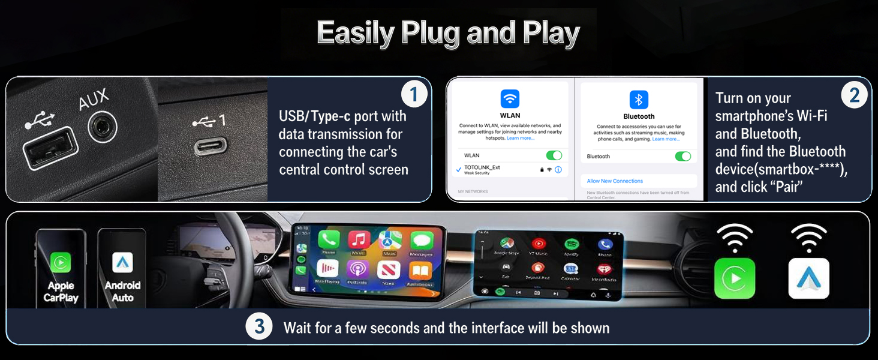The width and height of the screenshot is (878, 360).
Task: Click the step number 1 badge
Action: pos(414,94)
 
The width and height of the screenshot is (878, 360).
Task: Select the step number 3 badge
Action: pos(259,327)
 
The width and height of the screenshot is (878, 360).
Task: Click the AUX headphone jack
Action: pos(103,127)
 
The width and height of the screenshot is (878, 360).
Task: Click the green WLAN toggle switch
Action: pos(554,155)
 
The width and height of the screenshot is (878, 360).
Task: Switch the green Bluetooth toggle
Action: pos(682,156)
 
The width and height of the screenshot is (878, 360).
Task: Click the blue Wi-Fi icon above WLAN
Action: pos(510,98)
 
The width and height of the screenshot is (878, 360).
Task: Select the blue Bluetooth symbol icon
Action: pos(639,99)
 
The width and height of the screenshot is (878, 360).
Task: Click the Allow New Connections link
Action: pos(615,181)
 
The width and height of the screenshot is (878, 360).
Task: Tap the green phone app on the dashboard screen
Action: pos(329,241)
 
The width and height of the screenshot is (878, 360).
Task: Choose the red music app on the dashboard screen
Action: pos(359,241)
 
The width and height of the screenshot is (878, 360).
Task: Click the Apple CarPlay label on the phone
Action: pos(61,292)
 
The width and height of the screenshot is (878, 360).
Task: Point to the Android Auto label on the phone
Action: pos(122,292)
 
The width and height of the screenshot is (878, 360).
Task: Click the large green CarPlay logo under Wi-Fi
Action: pos(735,278)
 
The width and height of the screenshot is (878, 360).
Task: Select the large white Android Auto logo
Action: pos(808,278)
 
